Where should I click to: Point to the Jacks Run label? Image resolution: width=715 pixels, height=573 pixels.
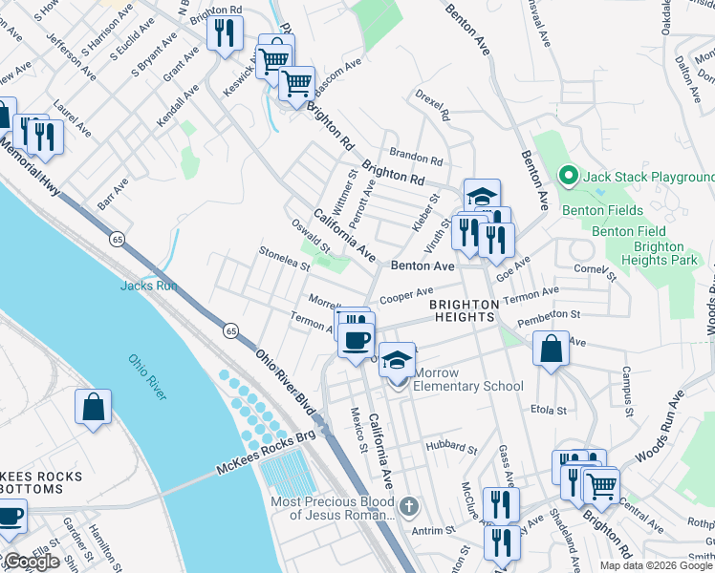pyautogui.click(x=148, y=285)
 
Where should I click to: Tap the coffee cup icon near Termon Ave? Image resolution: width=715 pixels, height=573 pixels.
pyautogui.click(x=357, y=339)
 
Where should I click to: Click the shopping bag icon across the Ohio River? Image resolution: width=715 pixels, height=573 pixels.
pyautogui.click(x=94, y=407)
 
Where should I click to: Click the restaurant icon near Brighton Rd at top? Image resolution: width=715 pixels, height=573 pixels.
pyautogui.click(x=225, y=34)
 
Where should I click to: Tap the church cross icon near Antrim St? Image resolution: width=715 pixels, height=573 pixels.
pyautogui.click(x=408, y=505)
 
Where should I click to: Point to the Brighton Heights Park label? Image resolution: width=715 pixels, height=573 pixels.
pyautogui.click(x=659, y=252)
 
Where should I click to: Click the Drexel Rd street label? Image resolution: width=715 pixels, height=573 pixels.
pyautogui.click(x=433, y=106)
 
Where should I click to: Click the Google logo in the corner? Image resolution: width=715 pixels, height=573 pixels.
pyautogui.click(x=32, y=562)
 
